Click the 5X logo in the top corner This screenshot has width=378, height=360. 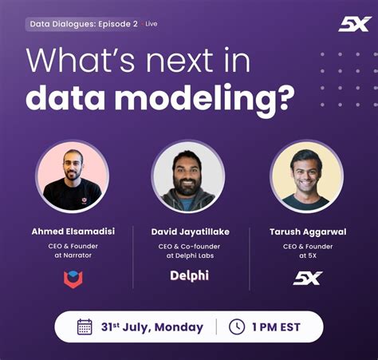tap(353, 24)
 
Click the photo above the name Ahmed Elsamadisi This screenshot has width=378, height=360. tap(72, 176)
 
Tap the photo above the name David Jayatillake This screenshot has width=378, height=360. tap(188, 176)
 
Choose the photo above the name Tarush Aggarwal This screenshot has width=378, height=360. tap(306, 176)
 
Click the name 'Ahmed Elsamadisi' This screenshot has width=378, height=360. tap(73, 231)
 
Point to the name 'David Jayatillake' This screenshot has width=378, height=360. tap(190, 231)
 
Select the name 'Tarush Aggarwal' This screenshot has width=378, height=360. tap(307, 231)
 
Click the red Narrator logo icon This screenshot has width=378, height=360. tap(73, 279)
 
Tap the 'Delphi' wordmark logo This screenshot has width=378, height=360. tap(190, 276)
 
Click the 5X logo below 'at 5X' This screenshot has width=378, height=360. tap(307, 278)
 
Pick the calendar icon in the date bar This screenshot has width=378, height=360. tap(85, 326)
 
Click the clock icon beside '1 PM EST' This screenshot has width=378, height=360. tap(237, 326)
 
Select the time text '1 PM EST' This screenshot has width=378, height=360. tap(275, 327)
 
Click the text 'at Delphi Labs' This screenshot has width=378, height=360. tap(190, 255)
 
